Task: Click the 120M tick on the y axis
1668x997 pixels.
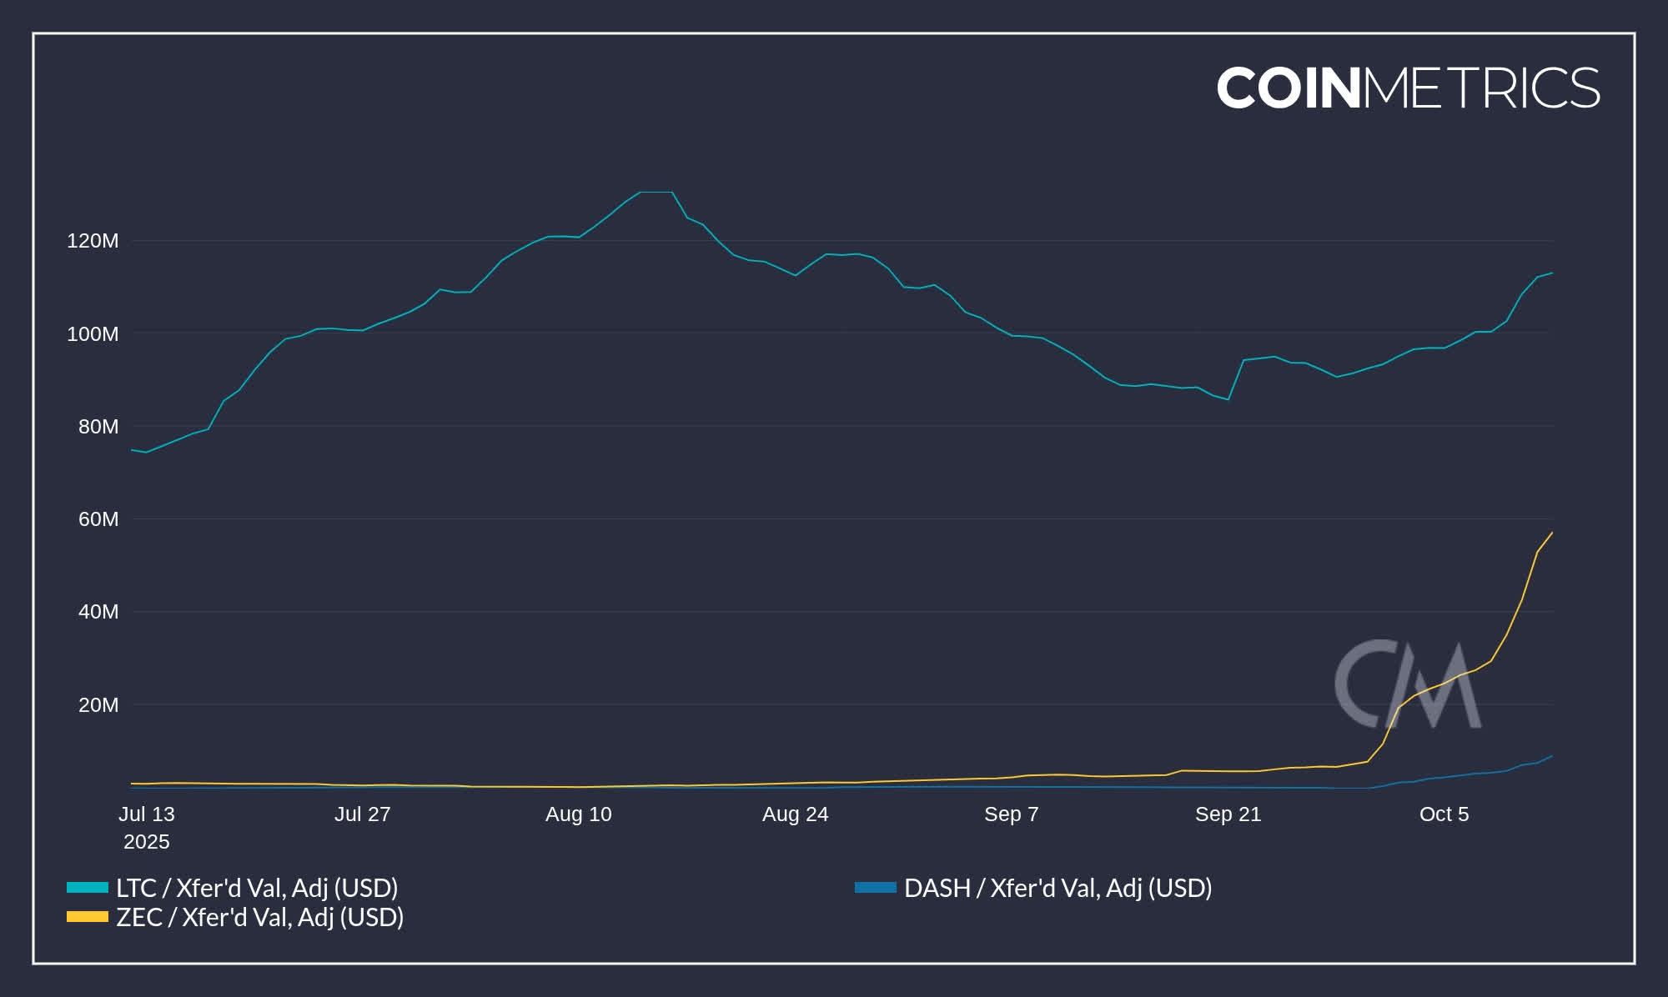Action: pyautogui.click(x=93, y=241)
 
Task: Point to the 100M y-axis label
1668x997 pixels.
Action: pyautogui.click(x=93, y=334)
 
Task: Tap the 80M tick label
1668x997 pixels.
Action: pyautogui.click(x=98, y=427)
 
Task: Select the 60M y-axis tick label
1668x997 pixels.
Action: pyautogui.click(x=98, y=519)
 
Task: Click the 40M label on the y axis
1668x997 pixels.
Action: pyautogui.click(x=98, y=612)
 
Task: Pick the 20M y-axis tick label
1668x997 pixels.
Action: pyautogui.click(x=98, y=705)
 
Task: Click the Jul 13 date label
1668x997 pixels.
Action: pyautogui.click(x=147, y=814)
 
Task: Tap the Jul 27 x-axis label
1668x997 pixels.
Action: pyautogui.click(x=362, y=814)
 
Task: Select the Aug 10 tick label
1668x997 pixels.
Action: pyautogui.click(x=578, y=814)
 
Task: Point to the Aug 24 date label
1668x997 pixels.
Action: pyautogui.click(x=795, y=814)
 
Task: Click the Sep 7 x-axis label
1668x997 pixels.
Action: pyautogui.click(x=1011, y=814)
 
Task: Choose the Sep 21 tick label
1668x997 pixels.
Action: pyautogui.click(x=1228, y=814)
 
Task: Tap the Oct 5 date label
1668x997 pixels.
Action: pyautogui.click(x=1444, y=814)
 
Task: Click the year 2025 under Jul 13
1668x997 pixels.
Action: pyautogui.click(x=147, y=842)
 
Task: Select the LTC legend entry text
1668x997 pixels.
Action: pyautogui.click(x=257, y=888)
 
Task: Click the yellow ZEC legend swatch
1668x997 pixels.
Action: pyautogui.click(x=88, y=917)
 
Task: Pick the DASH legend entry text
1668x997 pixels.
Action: pyautogui.click(x=1058, y=888)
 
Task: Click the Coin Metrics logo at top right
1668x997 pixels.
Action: pyautogui.click(x=1408, y=88)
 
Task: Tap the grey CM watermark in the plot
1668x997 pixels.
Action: pyautogui.click(x=1408, y=684)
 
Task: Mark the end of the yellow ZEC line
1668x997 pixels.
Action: pyautogui.click(x=1551, y=533)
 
